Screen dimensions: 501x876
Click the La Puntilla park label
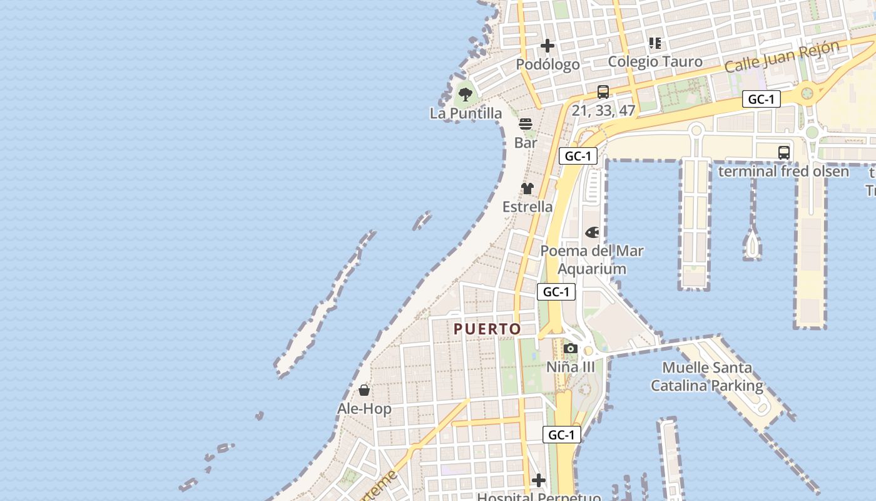pyautogui.click(x=466, y=113)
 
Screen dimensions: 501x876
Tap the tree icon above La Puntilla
pyautogui.click(x=465, y=95)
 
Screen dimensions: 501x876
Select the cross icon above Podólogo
pyautogui.click(x=547, y=46)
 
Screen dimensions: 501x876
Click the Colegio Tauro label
pyautogui.click(x=655, y=61)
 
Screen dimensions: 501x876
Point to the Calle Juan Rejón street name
pyautogui.click(x=782, y=57)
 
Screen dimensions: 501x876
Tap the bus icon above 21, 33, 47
pyautogui.click(x=603, y=92)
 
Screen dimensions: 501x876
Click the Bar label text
pyautogui.click(x=526, y=143)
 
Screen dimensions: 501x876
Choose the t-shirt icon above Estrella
pyautogui.click(x=527, y=188)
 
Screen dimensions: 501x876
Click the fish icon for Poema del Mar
pyautogui.click(x=592, y=232)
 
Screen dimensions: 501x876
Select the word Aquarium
pyautogui.click(x=592, y=269)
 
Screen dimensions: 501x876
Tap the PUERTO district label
pyautogui.click(x=487, y=329)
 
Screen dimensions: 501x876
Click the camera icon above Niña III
pyautogui.click(x=570, y=348)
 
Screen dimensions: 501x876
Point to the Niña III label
pyautogui.click(x=571, y=367)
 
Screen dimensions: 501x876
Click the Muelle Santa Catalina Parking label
pyautogui.click(x=707, y=376)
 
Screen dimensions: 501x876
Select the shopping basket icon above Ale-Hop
pyautogui.click(x=364, y=390)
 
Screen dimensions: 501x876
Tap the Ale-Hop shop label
pyautogui.click(x=364, y=409)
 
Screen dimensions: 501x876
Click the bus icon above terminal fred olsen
pyautogui.click(x=783, y=152)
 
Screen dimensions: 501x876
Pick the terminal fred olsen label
pyautogui.click(x=783, y=171)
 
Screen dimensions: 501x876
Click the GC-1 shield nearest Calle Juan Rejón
pyautogui.click(x=761, y=99)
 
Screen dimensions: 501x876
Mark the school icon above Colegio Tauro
pyautogui.click(x=655, y=43)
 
